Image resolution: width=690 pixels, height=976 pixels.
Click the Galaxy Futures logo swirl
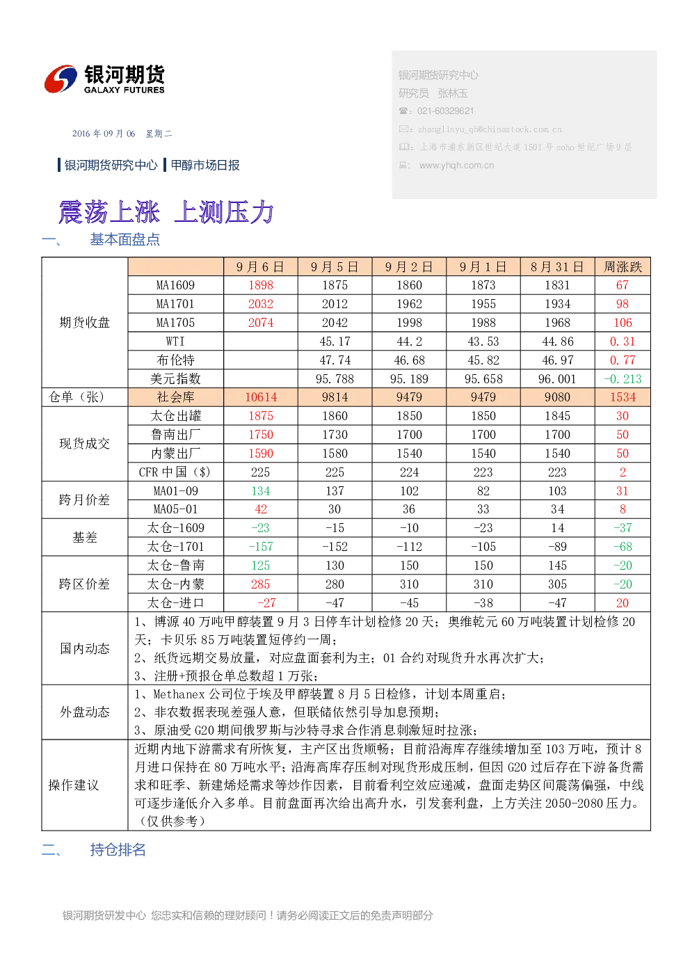(x=61, y=79)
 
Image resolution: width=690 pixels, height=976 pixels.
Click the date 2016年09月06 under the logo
(x=104, y=134)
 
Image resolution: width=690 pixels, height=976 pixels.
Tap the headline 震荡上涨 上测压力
(x=166, y=212)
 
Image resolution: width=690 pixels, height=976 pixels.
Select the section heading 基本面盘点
(x=125, y=239)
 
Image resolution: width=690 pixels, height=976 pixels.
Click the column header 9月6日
(x=261, y=266)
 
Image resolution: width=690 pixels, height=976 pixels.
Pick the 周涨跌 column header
(x=623, y=266)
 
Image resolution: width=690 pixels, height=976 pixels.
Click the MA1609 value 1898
(x=261, y=285)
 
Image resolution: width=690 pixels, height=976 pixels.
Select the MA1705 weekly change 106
(x=623, y=323)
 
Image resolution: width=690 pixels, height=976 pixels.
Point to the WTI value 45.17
(x=335, y=342)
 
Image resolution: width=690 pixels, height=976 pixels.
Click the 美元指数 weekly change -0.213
(x=623, y=379)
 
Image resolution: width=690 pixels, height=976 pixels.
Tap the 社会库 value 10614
(x=261, y=397)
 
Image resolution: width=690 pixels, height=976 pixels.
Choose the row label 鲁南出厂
(x=175, y=435)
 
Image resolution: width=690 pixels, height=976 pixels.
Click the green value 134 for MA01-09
(x=261, y=492)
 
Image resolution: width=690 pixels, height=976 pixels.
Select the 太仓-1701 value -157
(x=261, y=547)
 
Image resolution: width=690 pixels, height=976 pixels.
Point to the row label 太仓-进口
(x=175, y=603)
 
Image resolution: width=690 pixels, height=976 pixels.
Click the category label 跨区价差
(x=84, y=584)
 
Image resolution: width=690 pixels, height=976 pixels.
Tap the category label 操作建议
(x=74, y=785)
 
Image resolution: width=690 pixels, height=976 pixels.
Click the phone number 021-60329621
(x=445, y=111)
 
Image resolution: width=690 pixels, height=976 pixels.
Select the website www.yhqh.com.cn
(x=456, y=166)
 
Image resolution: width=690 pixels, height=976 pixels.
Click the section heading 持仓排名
(x=118, y=850)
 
